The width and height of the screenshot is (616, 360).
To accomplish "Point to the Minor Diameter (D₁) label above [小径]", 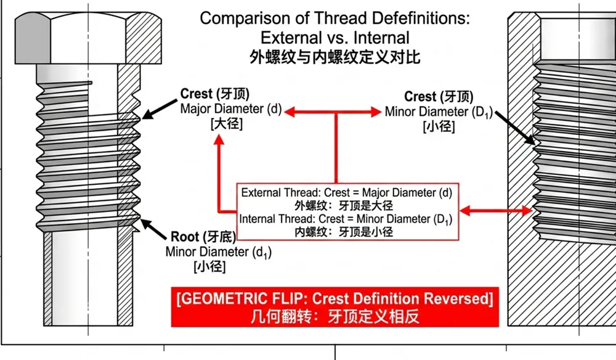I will pyautogui.click(x=439, y=113).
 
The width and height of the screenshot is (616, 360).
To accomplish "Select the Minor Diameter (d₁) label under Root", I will pyautogui.click(x=218, y=252).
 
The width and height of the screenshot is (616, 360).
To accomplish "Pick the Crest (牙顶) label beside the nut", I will pyautogui.click(x=439, y=97).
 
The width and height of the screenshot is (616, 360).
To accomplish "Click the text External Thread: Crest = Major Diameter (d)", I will pyautogui.click(x=347, y=192).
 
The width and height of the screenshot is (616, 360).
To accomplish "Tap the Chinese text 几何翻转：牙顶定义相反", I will pyautogui.click(x=334, y=317).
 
